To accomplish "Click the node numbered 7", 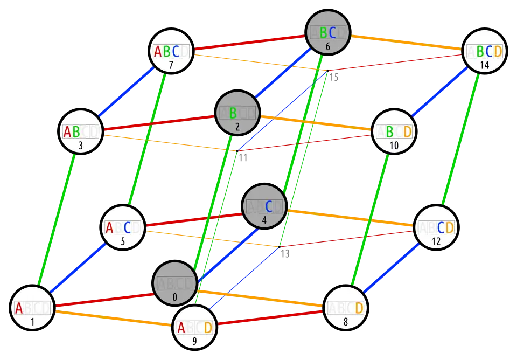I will coord(171,51).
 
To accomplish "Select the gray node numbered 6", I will coord(328,32).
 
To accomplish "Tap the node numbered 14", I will coord(485,51).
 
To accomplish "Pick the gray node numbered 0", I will coord(175,283).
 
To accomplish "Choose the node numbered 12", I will coord(436,228).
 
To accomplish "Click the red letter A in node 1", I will coord(19,308).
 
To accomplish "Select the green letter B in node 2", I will coord(233,113).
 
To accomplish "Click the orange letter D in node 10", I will coord(407,131).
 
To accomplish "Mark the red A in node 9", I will coord(181,328).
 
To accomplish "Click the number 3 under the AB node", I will coord(80,145).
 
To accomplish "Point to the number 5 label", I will coord(123,241).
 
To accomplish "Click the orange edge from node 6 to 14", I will coord(407,43).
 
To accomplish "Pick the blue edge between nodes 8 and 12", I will coord(392,267).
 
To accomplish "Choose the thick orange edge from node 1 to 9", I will coord(113,319).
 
